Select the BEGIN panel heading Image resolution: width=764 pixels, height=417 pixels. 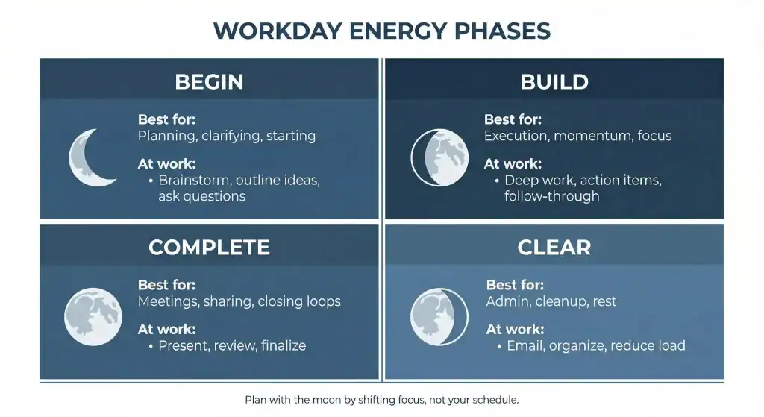209,82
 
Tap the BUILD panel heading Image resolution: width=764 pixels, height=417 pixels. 554,82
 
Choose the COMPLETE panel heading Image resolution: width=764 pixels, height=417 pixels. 209,248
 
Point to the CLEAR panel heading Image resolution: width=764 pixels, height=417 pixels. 554,248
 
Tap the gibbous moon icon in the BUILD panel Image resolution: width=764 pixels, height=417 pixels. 439,157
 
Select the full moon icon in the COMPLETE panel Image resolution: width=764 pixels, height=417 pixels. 93,316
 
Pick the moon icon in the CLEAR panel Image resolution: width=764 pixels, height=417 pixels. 439,316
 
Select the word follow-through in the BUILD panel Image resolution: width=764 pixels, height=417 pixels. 551,196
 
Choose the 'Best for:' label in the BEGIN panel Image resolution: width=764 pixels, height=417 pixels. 166,119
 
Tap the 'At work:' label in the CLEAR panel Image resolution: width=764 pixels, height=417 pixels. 515,329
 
